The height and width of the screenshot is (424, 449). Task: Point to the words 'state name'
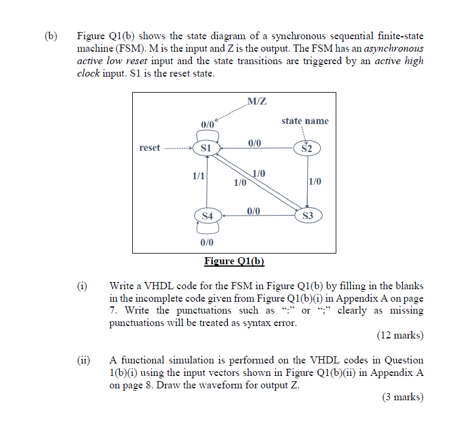pos(305,121)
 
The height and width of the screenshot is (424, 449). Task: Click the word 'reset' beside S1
pos(149,147)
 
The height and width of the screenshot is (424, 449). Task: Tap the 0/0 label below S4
pos(207,242)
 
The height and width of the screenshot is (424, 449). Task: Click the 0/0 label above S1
pos(207,125)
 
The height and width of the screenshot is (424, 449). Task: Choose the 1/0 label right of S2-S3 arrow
pos(315,182)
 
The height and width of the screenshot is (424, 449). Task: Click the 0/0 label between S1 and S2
pos(254,143)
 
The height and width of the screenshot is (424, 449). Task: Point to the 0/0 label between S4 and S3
pos(253,210)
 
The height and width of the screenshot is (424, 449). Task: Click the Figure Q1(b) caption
pos(234,261)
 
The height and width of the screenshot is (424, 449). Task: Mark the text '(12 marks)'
pos(400,336)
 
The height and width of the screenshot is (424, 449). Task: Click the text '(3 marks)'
pos(402,397)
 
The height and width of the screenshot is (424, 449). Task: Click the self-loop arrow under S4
pos(207,228)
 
